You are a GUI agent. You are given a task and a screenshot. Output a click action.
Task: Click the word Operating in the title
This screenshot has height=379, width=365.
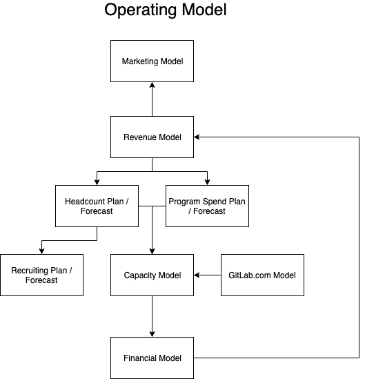tap(141, 10)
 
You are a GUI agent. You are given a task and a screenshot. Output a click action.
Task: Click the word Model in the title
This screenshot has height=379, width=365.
tap(204, 10)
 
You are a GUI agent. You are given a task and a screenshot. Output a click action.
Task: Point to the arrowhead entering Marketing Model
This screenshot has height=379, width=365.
tap(152, 85)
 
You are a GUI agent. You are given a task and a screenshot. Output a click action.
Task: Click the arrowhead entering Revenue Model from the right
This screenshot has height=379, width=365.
tap(197, 137)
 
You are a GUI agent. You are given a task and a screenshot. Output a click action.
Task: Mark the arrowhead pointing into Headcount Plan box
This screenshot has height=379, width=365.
tap(97, 182)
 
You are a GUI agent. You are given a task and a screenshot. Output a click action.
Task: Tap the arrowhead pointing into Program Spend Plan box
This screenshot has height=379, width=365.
tap(207, 182)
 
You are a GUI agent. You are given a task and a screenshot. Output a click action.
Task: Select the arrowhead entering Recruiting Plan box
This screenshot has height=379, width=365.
tap(42, 251)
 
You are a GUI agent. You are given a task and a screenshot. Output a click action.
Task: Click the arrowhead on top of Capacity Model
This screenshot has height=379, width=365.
tap(152, 251)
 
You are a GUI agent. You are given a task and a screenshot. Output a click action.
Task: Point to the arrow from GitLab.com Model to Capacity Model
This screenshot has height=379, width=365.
tap(207, 275)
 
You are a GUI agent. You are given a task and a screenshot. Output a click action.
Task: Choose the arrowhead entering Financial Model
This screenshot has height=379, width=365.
tap(152, 334)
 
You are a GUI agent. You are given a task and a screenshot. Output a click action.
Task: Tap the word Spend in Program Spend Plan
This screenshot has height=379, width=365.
tap(214, 202)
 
